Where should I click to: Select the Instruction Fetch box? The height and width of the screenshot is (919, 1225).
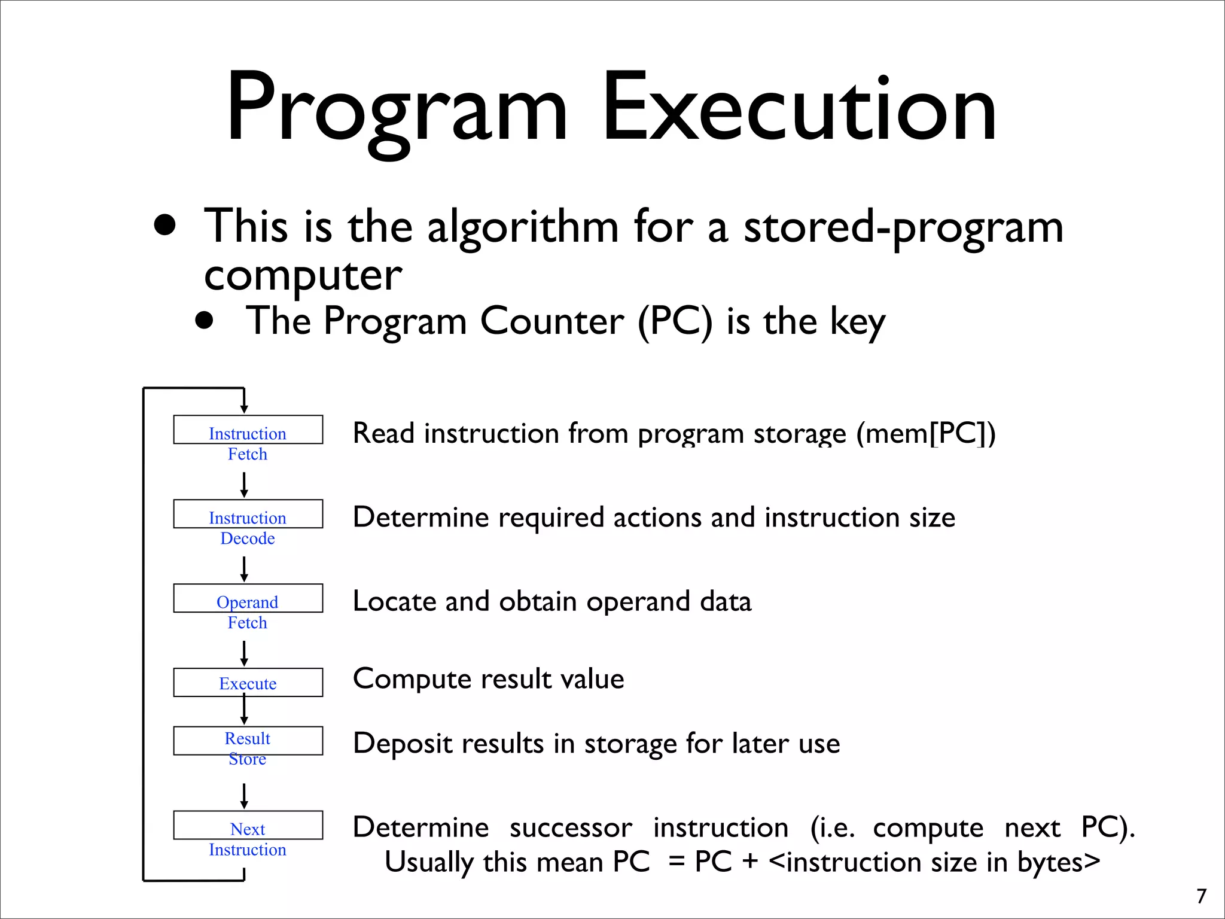[x=248, y=430]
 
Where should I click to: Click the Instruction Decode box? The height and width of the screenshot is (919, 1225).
[x=248, y=515]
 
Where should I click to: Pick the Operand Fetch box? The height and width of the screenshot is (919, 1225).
[x=248, y=599]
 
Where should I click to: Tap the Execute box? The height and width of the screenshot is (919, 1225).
[x=248, y=683]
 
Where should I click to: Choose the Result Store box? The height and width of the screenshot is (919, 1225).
[x=248, y=741]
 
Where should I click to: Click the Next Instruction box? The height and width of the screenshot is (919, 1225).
[x=248, y=826]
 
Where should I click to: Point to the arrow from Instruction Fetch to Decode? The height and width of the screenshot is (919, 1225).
[x=244, y=485]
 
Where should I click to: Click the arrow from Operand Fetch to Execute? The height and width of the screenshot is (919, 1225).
[x=244, y=653]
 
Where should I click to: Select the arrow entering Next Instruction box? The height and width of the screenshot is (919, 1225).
[x=244, y=796]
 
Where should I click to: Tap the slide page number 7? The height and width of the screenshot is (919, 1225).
[x=1201, y=896]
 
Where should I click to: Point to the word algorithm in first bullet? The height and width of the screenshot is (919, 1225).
[x=523, y=227]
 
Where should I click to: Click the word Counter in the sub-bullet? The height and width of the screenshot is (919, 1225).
[x=552, y=321]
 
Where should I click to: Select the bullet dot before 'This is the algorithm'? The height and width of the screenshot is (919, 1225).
[x=165, y=226]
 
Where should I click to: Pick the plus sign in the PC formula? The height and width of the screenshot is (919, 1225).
[x=749, y=862]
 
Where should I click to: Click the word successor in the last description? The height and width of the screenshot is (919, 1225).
[x=571, y=828]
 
